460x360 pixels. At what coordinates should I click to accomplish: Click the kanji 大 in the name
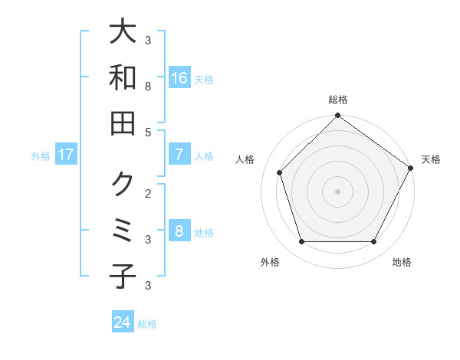[123, 31]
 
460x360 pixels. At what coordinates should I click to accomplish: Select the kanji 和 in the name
[123, 77]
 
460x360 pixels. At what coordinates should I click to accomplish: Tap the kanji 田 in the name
[123, 123]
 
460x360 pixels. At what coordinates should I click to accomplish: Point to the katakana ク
[123, 184]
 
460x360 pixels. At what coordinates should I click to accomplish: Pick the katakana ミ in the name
[123, 231]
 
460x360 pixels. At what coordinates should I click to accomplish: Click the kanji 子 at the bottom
[123, 277]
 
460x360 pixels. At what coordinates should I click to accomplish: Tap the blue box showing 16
[179, 78]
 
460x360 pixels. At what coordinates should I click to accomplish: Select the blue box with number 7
[179, 155]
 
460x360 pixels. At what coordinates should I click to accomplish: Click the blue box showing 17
[66, 155]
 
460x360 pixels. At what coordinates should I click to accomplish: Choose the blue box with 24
[123, 322]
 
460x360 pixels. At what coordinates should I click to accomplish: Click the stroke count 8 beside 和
[148, 87]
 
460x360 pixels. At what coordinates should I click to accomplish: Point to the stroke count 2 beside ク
[148, 192]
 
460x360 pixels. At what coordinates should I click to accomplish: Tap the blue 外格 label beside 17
[41, 155]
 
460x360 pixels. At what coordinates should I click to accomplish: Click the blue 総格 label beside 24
[148, 324]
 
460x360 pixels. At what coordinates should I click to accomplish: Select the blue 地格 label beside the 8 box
[204, 233]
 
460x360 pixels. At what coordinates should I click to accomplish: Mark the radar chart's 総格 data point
[337, 116]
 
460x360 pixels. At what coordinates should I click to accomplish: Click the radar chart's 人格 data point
[280, 172]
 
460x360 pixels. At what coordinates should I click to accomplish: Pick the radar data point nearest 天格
[412, 168]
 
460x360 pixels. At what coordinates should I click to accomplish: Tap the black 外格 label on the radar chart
[270, 263]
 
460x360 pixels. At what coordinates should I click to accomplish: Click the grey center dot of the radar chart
[337, 191]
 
